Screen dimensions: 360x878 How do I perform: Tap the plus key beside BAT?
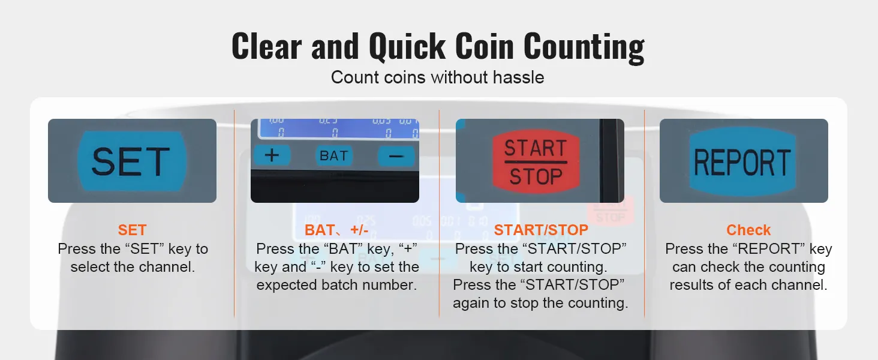(x=272, y=155)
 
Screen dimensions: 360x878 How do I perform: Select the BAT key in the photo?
(x=334, y=156)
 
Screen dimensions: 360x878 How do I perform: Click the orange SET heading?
(x=132, y=230)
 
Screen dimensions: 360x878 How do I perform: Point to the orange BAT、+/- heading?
(x=336, y=230)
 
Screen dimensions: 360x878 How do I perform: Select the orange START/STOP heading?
(x=541, y=230)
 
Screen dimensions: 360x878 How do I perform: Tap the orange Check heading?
(x=748, y=230)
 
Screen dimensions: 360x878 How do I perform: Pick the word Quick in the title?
(x=407, y=47)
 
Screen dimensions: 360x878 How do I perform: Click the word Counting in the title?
(x=584, y=47)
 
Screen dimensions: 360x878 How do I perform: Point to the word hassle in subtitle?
(x=519, y=77)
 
